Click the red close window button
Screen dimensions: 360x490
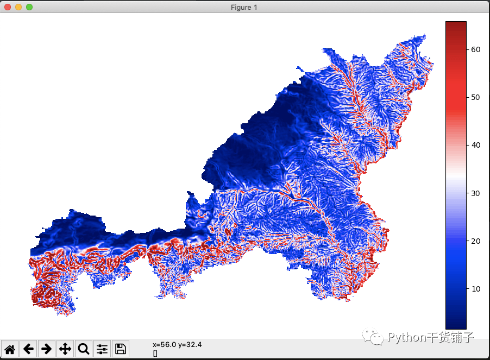point(8,7)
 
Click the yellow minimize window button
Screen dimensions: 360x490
point(18,7)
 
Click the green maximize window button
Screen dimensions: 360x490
point(29,7)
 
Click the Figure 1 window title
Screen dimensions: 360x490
point(244,7)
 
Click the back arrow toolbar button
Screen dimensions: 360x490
point(29,349)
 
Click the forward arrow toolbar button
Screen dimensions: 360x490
point(47,349)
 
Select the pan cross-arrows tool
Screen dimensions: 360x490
point(65,349)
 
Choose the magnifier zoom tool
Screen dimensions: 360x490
point(84,349)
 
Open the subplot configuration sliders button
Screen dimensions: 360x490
point(102,349)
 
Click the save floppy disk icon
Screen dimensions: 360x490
point(120,349)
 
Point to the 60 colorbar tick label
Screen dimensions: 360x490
point(475,49)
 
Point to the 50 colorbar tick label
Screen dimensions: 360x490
point(475,97)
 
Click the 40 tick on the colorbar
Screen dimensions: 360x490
point(475,145)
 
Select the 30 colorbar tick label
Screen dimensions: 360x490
point(475,193)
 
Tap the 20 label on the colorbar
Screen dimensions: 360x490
point(475,241)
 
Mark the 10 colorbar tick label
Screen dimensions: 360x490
point(475,289)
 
